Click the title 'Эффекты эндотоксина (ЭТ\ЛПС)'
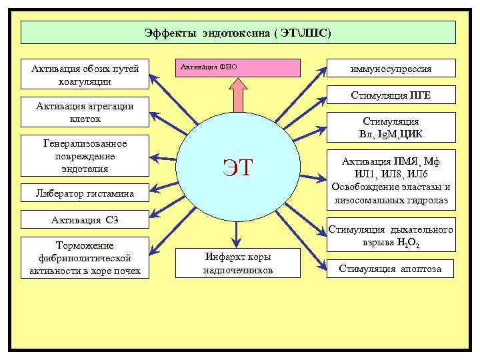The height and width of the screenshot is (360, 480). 238,32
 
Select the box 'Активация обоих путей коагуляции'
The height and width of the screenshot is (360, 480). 85,75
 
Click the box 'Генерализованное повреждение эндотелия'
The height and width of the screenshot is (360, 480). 85,156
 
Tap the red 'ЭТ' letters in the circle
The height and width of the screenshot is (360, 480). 238,167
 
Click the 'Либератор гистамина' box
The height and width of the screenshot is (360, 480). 85,194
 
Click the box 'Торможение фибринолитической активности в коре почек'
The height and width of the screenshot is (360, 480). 85,258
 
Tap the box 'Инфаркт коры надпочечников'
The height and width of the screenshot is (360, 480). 238,263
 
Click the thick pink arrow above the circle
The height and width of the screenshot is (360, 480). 238,95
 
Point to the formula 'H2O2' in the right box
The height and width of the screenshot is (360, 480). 406,244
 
